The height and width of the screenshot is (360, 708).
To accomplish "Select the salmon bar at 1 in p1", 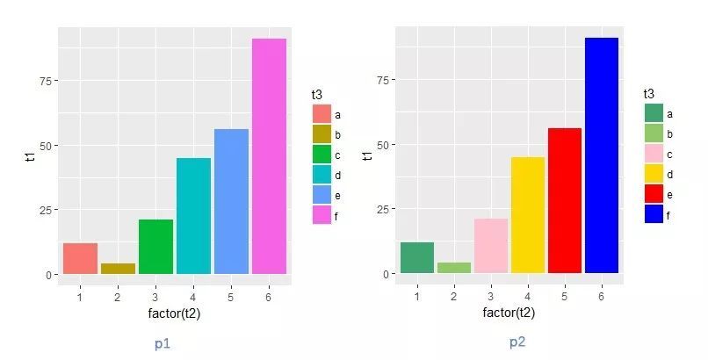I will (x=80, y=258).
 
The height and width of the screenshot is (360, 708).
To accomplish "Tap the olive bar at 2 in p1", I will (x=118, y=269).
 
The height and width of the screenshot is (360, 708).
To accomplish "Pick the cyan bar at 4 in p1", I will (x=193, y=216).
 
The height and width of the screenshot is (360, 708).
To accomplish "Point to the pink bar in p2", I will (x=491, y=246).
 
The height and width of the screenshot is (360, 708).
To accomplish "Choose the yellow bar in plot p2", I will (x=528, y=215).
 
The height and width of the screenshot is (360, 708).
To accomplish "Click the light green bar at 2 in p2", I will (x=454, y=268).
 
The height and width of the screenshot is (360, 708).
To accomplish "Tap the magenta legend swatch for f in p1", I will (x=321, y=215).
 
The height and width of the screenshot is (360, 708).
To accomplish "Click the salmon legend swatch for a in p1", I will (x=321, y=114).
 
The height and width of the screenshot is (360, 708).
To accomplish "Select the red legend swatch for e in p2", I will (x=654, y=194).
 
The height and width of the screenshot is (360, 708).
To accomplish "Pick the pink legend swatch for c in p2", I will (x=654, y=154).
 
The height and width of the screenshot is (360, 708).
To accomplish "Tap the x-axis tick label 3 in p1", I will (x=155, y=297).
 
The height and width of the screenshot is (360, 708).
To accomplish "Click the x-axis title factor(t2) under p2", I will (x=509, y=313).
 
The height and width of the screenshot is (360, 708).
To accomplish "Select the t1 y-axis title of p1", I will (x=31, y=156).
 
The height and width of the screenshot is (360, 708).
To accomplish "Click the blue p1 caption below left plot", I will (x=162, y=343).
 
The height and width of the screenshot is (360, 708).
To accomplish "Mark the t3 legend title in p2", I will (x=648, y=93).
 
